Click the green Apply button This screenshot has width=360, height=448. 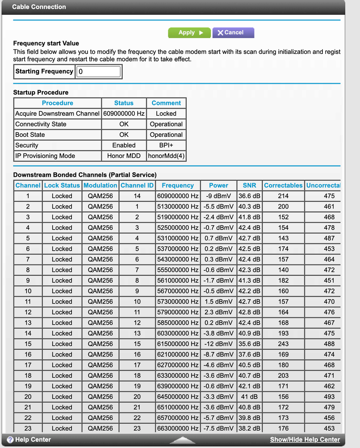pos(189,33)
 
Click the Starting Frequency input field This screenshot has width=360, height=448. pos(99,71)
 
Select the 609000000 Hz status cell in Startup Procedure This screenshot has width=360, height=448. pos(124,114)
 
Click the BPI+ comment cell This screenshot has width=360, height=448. pos(166,145)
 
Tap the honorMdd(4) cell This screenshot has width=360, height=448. pos(166,156)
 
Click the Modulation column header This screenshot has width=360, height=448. pos(101,185)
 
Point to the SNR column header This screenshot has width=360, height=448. pos(249,185)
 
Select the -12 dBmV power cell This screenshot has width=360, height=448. pos(218,344)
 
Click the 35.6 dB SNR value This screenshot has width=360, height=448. pos(249,344)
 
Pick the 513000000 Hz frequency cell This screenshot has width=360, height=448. pos(178,207)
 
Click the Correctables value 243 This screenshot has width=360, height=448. pos(283,344)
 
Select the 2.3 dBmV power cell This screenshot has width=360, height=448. pos(218,312)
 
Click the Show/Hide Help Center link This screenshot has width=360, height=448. pos(305,439)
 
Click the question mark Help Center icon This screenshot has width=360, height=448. pos(10,439)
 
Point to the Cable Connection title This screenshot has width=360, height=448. pos(39,7)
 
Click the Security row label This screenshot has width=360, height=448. pos(27,145)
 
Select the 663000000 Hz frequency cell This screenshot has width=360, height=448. pos(178,428)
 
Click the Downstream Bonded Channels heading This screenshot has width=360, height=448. pos(85,174)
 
